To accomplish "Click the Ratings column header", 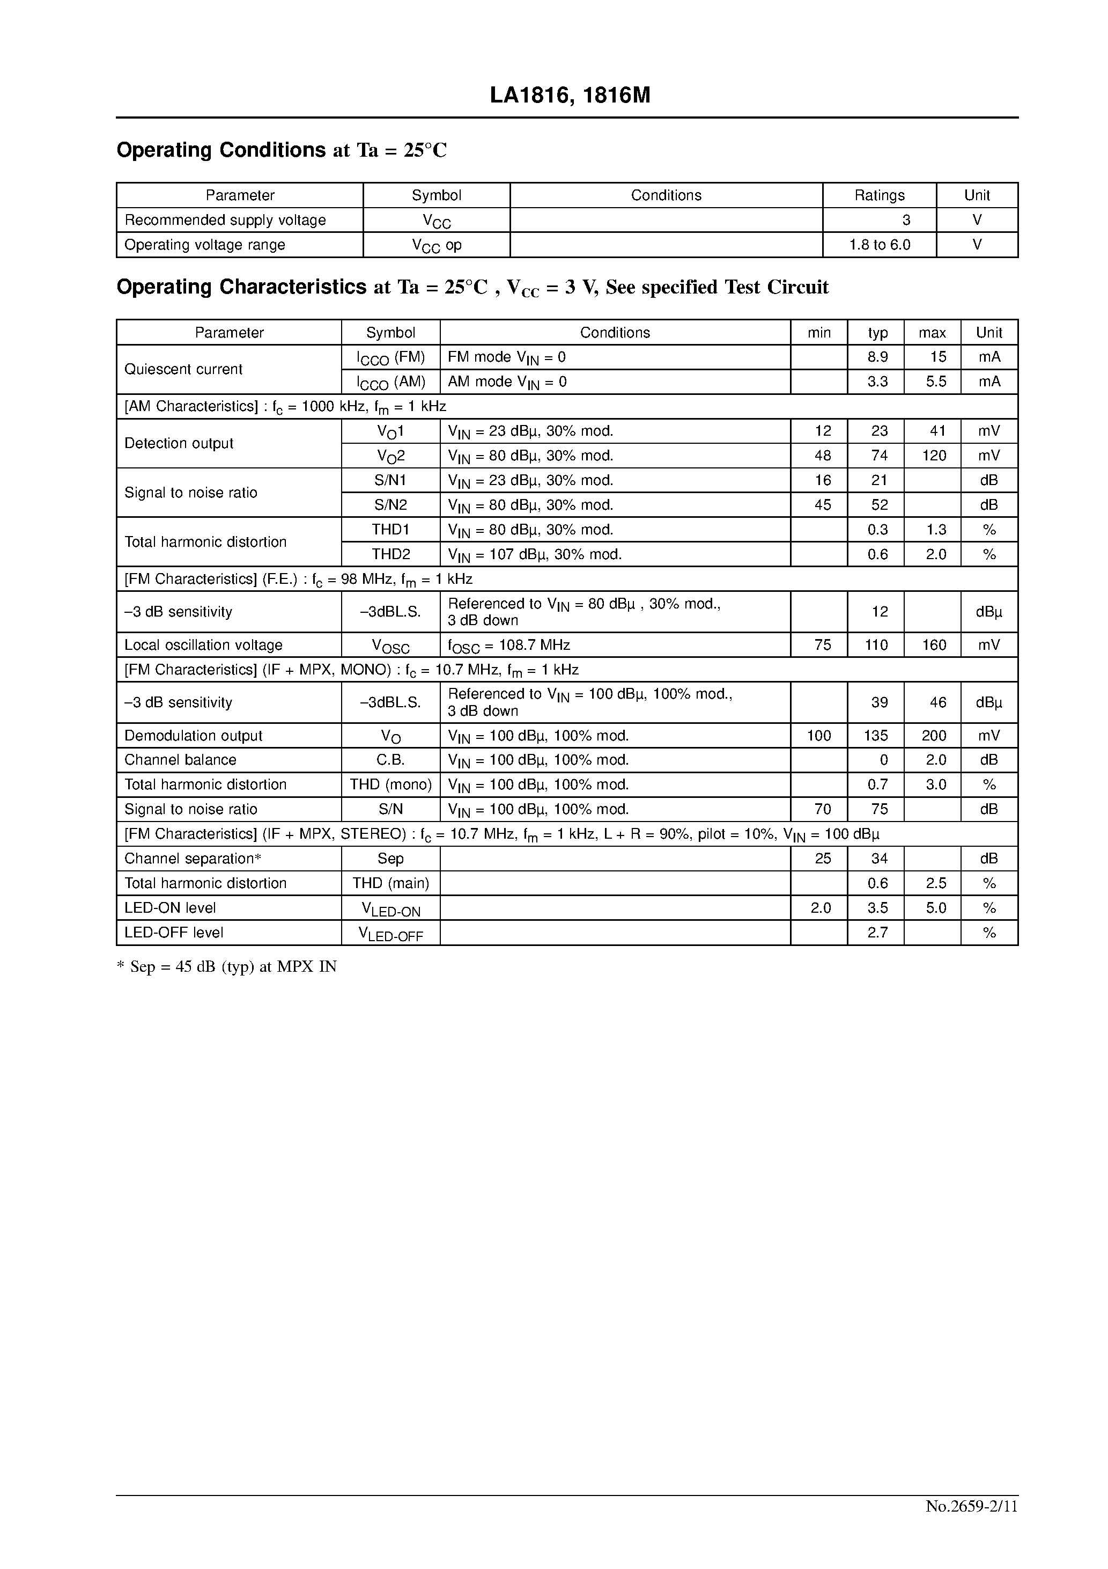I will click(879, 195).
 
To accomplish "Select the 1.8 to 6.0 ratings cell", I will click(879, 245).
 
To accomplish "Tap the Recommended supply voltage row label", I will click(225, 220).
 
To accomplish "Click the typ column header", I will click(878, 333).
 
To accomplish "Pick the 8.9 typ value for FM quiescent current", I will click(878, 357).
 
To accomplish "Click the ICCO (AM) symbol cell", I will click(391, 382).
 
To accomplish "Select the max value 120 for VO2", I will click(934, 456).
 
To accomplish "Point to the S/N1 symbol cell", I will click(391, 480).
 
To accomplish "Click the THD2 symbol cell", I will click(391, 554).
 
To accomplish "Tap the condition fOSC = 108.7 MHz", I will click(509, 645).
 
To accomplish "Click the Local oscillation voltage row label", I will click(204, 645).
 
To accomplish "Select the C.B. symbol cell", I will click(391, 760).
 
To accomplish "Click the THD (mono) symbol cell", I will click(391, 784).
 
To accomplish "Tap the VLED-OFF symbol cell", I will click(391, 934).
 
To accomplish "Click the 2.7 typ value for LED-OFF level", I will click(878, 933).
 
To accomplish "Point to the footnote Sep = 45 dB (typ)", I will click(227, 966).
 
